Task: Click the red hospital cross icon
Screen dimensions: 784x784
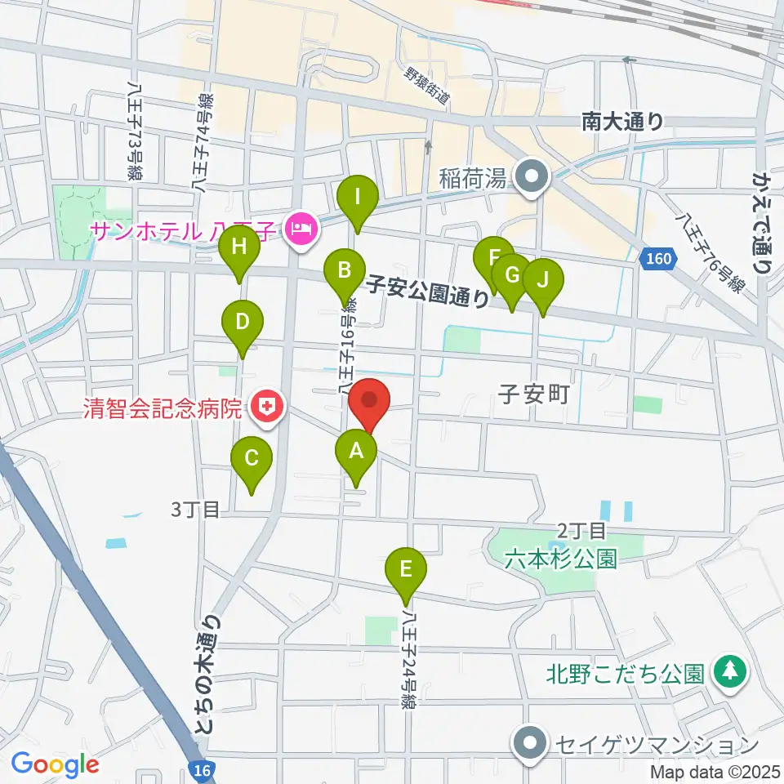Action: click(x=265, y=406)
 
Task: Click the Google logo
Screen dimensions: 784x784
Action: click(x=56, y=765)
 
